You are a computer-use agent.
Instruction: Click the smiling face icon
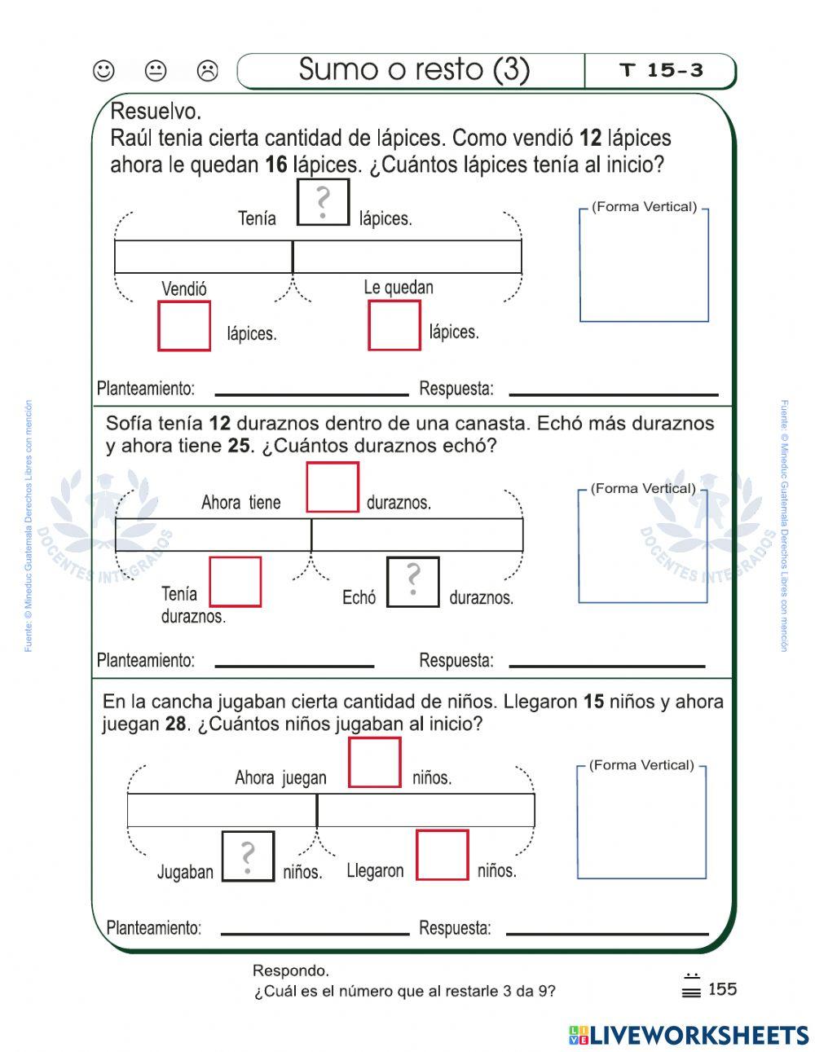[104, 71]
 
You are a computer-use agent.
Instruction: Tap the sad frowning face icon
[208, 71]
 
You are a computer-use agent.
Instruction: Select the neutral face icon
[156, 71]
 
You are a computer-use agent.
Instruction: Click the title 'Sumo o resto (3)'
[413, 70]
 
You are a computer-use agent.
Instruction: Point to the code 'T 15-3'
[661, 71]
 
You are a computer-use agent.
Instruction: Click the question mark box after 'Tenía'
[323, 202]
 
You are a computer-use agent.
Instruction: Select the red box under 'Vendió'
[184, 326]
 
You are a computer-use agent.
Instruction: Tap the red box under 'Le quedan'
[394, 325]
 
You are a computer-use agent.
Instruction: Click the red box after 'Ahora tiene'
[333, 487]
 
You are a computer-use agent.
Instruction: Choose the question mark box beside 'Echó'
[412, 582]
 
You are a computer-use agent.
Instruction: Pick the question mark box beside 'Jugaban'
[248, 856]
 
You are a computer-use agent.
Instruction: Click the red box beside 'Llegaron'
[443, 855]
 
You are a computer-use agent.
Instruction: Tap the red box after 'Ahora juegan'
[375, 763]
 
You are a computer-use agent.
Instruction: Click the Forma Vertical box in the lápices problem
[644, 265]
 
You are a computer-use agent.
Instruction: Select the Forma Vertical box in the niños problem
[641, 822]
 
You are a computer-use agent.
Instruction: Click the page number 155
[722, 989]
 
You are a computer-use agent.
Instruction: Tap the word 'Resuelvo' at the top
[155, 111]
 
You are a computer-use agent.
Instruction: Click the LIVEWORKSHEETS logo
[689, 1035]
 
